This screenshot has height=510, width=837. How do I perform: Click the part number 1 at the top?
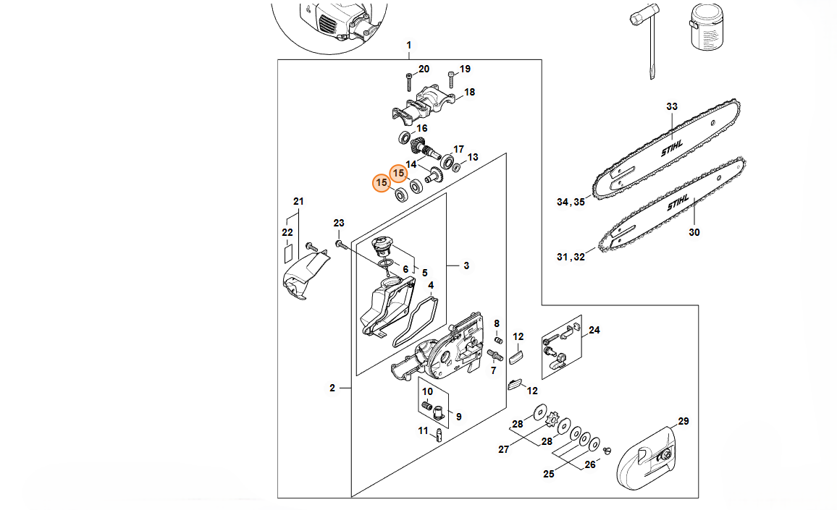(x=409, y=46)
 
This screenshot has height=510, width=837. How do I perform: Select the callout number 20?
(x=424, y=69)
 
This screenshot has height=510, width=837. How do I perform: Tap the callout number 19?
(x=465, y=69)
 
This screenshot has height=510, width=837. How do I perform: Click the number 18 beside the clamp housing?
(x=469, y=93)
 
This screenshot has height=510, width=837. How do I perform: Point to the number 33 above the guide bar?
(x=671, y=106)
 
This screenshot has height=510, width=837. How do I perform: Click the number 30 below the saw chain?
(x=694, y=232)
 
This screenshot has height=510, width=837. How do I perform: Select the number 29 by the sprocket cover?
(x=684, y=421)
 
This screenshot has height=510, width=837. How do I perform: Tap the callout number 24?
(x=594, y=330)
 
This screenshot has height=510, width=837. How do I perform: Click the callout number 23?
(x=339, y=223)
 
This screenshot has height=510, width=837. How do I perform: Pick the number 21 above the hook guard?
(x=298, y=201)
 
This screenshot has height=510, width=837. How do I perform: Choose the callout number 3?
(x=466, y=265)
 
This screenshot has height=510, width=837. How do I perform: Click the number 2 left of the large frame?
(x=332, y=388)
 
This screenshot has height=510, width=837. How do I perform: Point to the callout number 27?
(x=503, y=450)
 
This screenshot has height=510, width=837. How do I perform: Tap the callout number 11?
(x=423, y=430)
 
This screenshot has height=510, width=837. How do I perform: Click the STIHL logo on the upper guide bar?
(x=671, y=148)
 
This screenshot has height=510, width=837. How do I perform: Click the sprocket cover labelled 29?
(x=647, y=458)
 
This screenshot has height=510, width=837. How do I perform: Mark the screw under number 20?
(x=409, y=82)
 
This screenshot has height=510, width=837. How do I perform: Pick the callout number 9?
(x=458, y=417)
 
